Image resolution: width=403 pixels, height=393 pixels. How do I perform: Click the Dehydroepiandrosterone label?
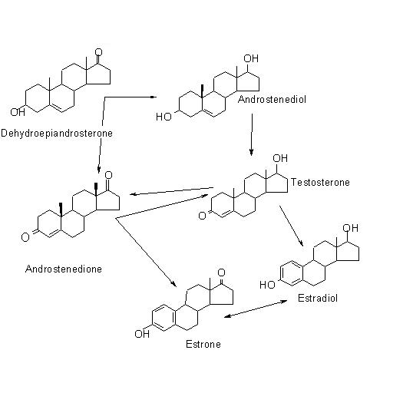pyautogui.click(x=57, y=134)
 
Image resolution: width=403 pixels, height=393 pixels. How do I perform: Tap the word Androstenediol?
pyautogui.click(x=272, y=100)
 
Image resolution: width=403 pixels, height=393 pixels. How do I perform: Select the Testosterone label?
pyautogui.click(x=320, y=182)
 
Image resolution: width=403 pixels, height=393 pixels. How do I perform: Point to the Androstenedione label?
pyautogui.click(x=64, y=269)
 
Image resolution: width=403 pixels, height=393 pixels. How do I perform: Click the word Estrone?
pyautogui.click(x=203, y=344)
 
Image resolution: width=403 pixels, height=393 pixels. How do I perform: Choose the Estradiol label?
pyautogui.click(x=318, y=298)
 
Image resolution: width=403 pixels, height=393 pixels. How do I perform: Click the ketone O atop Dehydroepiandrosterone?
pyautogui.click(x=98, y=52)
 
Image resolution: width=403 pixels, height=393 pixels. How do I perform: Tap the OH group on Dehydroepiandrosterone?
pyautogui.click(x=18, y=112)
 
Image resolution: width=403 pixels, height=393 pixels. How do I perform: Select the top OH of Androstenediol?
pyautogui.click(x=251, y=58)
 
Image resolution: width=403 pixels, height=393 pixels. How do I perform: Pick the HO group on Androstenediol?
pyautogui.click(x=164, y=117)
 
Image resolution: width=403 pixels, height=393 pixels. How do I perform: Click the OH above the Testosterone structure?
pyautogui.click(x=280, y=158)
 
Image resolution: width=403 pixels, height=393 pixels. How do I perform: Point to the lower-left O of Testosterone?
pyautogui.click(x=203, y=216)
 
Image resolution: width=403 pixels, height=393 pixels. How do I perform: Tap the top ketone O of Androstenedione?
pyautogui.click(x=109, y=175)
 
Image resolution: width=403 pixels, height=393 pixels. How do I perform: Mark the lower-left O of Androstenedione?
pyautogui.click(x=25, y=237)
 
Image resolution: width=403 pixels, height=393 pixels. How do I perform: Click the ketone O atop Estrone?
pyautogui.click(x=221, y=272)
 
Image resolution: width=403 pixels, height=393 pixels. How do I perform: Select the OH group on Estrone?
pyautogui.click(x=142, y=334)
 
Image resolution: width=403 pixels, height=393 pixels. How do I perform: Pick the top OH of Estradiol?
pyautogui.click(x=350, y=228)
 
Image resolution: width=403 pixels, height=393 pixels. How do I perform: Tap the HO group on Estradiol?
pyautogui.click(x=267, y=285)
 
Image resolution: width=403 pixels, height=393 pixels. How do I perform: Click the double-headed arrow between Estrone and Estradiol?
pyautogui.click(x=256, y=309)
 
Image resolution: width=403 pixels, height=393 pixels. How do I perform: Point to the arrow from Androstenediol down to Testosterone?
pyautogui.click(x=252, y=134)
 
